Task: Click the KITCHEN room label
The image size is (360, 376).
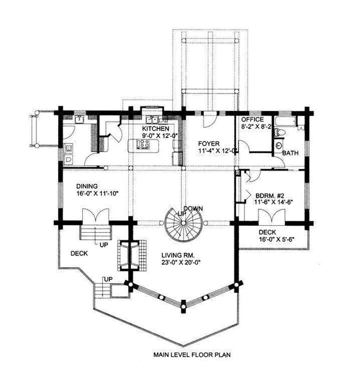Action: [x=155, y=128]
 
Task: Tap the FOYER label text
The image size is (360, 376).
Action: [x=209, y=144]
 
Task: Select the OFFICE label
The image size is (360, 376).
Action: [x=252, y=119]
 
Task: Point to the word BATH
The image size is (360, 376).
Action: [x=290, y=153]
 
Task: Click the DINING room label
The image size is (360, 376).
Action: [x=87, y=186]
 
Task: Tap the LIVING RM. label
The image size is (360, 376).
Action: [x=178, y=255]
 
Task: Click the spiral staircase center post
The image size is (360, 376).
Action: [x=183, y=223]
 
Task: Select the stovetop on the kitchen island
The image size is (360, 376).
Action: [x=143, y=144]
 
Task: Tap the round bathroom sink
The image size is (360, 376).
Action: [x=279, y=145]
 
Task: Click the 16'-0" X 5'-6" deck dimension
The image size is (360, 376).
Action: [x=276, y=239]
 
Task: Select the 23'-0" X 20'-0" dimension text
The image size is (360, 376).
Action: [x=181, y=262]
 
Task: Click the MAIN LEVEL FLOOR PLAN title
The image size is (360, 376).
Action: [x=192, y=355]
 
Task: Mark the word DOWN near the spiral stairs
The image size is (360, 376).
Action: [x=193, y=209]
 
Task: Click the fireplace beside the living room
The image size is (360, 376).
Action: [x=131, y=255]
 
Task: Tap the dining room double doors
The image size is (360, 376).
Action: [x=96, y=217]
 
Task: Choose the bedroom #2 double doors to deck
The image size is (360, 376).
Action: [x=272, y=217]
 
